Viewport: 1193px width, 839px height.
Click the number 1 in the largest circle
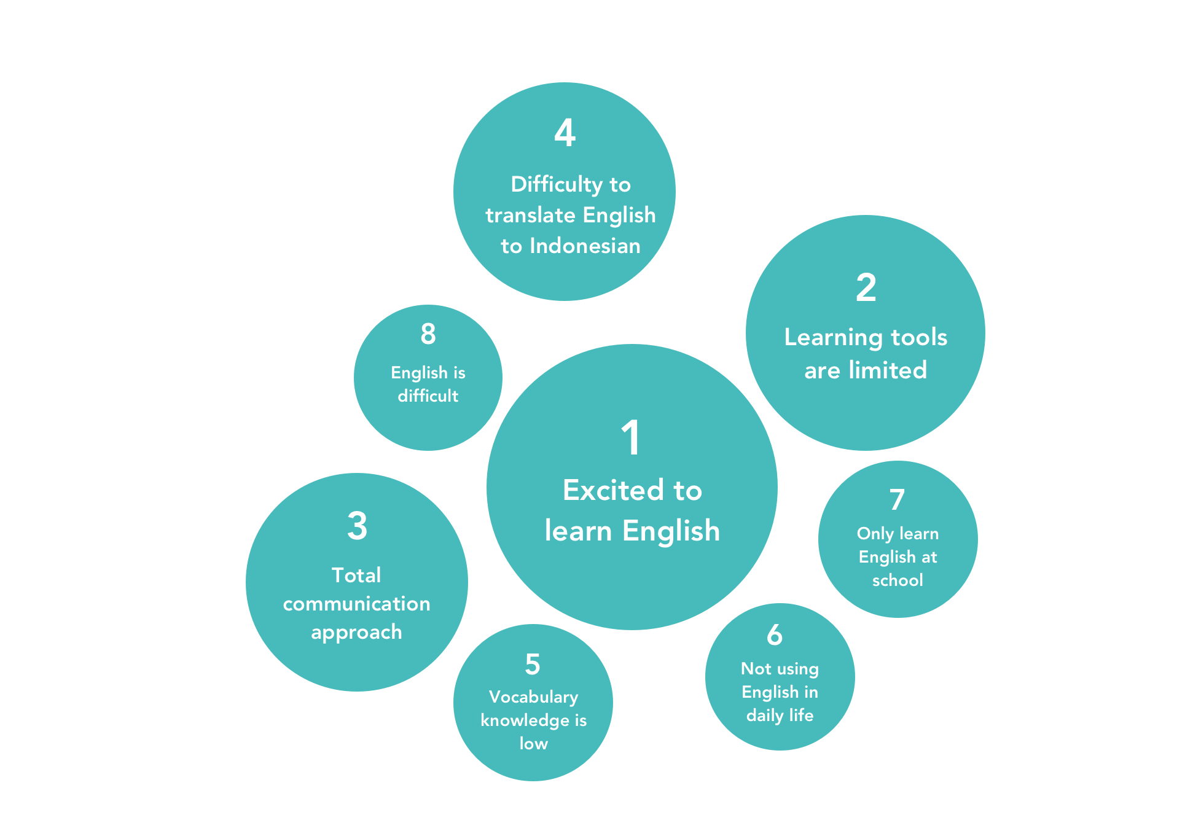(x=631, y=438)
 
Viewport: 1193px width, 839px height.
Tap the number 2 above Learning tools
(x=866, y=287)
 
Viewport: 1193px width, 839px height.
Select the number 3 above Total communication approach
(x=357, y=526)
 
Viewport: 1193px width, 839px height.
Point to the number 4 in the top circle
(x=565, y=133)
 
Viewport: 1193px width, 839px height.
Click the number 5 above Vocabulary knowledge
(x=533, y=665)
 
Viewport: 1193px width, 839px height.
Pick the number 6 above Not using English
(x=775, y=635)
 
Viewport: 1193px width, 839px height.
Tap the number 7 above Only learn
(x=897, y=500)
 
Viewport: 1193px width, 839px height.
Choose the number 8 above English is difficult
(x=428, y=334)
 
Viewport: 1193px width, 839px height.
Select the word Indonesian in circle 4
(x=585, y=246)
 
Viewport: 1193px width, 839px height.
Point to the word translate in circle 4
(x=530, y=215)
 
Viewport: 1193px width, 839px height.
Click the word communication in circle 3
(x=356, y=604)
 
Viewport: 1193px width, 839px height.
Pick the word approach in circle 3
(x=356, y=632)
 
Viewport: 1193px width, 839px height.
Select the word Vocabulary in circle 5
(x=533, y=697)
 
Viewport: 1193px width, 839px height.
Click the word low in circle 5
(x=533, y=743)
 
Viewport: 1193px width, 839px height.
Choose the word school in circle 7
(x=898, y=580)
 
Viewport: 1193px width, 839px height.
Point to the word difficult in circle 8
(x=428, y=396)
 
